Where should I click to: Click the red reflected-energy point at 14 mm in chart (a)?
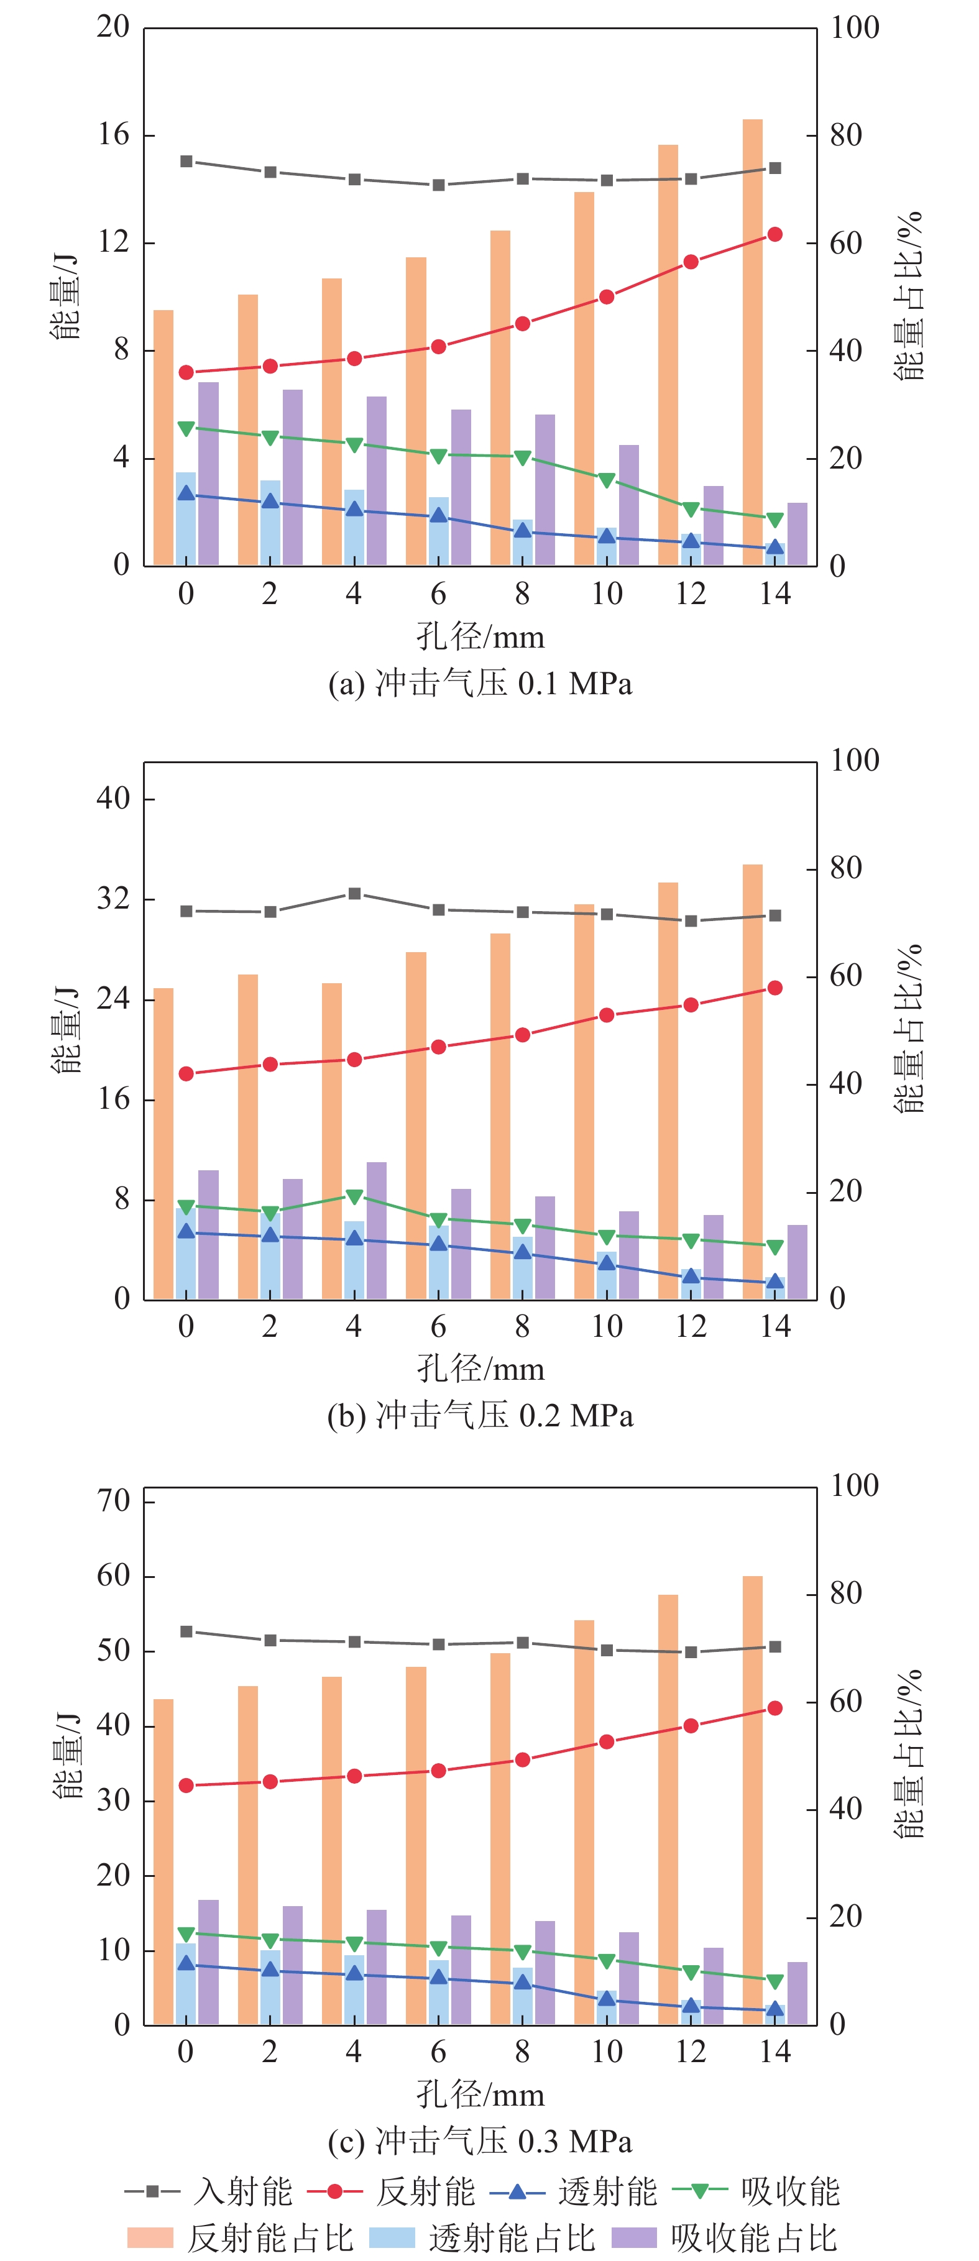774,234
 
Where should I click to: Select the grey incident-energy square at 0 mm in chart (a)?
186,162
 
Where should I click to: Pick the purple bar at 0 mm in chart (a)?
208,474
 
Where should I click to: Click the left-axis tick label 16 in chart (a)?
113,135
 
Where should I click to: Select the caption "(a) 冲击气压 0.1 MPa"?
479,684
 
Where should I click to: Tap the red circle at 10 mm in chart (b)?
606,1016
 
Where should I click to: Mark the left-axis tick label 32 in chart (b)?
113,899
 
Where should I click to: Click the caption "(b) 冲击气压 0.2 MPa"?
479,1416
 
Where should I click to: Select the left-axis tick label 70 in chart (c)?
113,1501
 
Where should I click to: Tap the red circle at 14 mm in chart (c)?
774,1708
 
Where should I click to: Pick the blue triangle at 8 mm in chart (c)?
522,1983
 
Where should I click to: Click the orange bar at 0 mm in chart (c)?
163,1861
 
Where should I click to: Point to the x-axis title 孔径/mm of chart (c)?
479,2095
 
